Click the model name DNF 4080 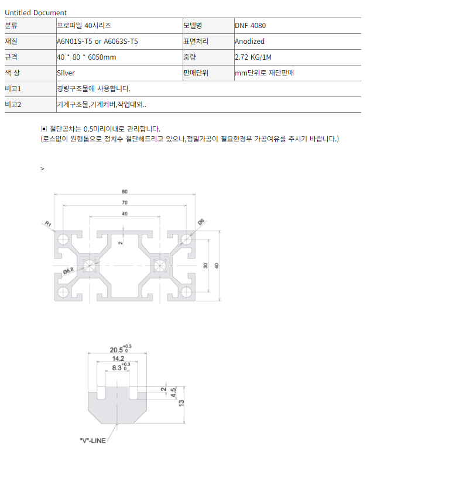point(250,26)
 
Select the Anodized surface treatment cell point(249,42)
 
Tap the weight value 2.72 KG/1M point(253,57)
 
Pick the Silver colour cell point(66,73)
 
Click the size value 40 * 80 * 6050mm point(87,57)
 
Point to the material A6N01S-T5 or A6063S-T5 point(97,42)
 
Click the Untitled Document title point(36,12)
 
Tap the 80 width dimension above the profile point(125,191)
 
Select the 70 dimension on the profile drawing point(125,202)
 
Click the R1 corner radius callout point(48,223)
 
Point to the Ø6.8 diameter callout point(68,271)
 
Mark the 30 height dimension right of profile point(205,266)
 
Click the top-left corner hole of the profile point(63,239)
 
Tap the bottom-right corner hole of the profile point(186,292)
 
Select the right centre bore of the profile point(159,266)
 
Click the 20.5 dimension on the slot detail point(116,350)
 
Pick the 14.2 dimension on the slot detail point(118,359)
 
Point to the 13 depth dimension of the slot point(181,403)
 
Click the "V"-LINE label point(92,440)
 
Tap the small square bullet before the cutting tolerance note point(44,129)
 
